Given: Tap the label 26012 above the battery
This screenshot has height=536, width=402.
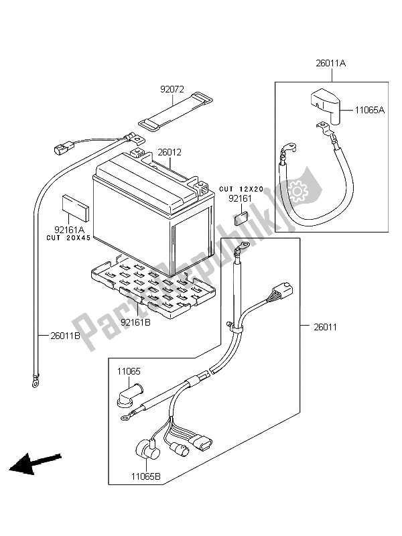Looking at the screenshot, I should click(x=169, y=152).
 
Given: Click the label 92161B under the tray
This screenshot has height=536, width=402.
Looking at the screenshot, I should click(x=136, y=322).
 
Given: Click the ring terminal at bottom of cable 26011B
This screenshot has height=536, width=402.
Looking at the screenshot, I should click(x=32, y=384).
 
